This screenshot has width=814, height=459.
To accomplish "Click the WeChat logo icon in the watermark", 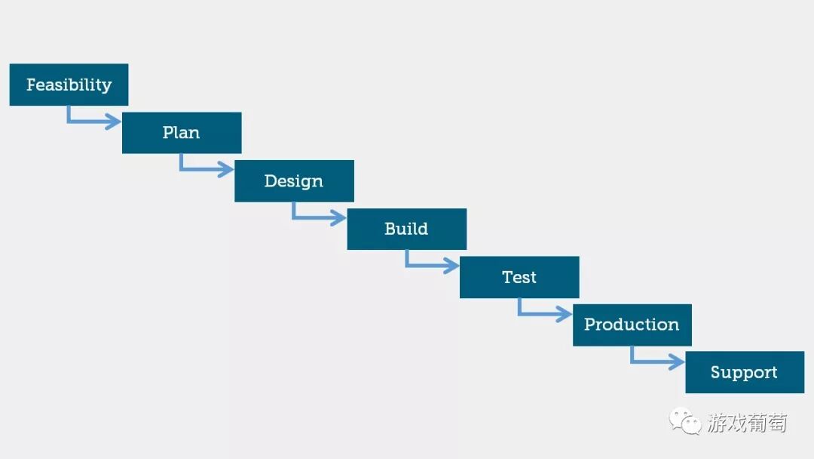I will [686, 421].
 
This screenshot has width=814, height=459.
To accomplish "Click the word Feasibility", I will [69, 85].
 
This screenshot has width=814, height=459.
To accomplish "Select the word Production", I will [632, 325].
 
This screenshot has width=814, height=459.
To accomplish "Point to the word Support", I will [744, 372].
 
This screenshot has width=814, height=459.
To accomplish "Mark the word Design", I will [293, 181].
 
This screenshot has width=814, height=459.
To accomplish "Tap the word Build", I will [406, 229].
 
